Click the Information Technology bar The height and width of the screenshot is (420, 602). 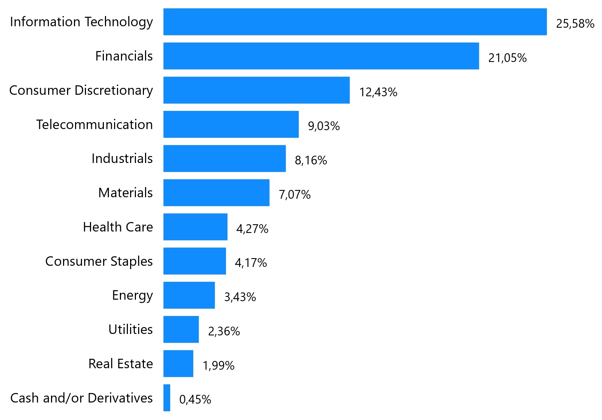pos(355,22)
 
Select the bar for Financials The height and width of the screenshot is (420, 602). pos(321,56)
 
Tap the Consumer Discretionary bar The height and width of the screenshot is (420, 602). pos(257,90)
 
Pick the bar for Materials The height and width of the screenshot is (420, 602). pos(216,192)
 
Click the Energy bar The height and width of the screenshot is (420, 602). pos(189,295)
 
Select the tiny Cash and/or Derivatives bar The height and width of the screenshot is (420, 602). pos(167,398)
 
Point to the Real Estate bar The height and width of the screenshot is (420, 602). pos(178,363)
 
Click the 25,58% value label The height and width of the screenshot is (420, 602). pos(575,24)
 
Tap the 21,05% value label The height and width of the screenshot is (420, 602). pos(507,58)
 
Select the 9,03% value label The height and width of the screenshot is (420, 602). pos(324,126)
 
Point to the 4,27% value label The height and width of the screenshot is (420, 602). pos(252,229)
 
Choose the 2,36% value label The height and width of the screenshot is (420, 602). pos(224,331)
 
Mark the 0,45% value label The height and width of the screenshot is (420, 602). pos(195,400)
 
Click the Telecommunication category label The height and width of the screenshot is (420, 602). pos(94,125)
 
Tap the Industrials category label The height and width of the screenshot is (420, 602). pos(122,159)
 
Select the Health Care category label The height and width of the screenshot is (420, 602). pos(118,227)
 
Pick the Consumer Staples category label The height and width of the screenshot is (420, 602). pos(99,261)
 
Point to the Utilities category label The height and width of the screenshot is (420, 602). pos(130,330)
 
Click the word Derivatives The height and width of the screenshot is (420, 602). pos(120,398)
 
